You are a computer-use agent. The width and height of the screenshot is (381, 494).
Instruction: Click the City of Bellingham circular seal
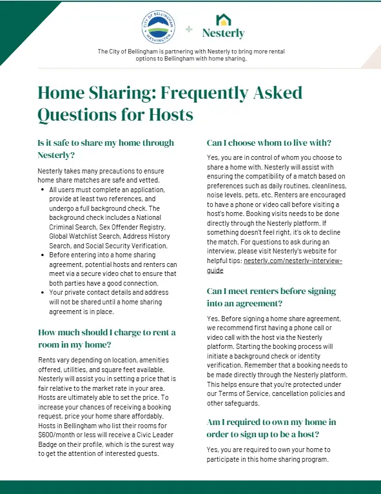(x=157, y=28)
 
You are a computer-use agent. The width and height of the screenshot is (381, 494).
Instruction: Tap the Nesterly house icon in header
(x=223, y=19)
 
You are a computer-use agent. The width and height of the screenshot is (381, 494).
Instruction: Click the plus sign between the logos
(x=189, y=29)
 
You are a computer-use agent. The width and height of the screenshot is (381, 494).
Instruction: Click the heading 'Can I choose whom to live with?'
(x=273, y=143)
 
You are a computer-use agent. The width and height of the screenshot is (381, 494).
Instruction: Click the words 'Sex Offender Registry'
(x=135, y=226)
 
